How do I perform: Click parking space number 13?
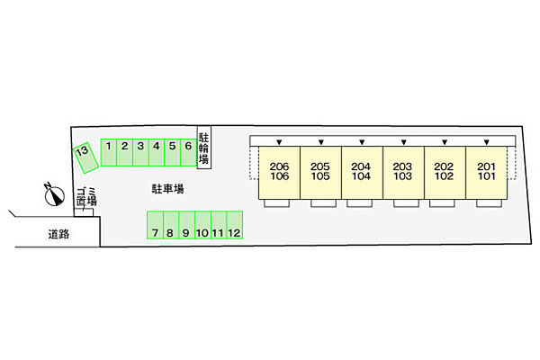pos(84,157)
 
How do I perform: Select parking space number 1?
pos(108,151)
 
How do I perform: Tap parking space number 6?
pos(187,151)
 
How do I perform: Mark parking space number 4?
pos(156,151)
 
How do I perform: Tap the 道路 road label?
pos(59,234)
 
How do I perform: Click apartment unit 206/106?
pos(279,172)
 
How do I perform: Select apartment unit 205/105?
pos(320,172)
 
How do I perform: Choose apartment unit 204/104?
pos(362,172)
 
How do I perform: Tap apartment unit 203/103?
pos(403,172)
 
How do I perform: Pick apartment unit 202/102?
pos(445,172)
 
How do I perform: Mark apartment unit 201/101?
pos(486,172)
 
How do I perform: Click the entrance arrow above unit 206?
pos(279,141)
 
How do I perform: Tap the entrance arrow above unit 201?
pos(486,141)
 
